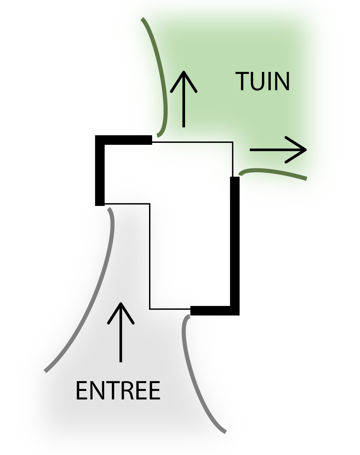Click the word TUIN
click(263, 81)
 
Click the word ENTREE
click(118, 391)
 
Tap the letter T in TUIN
click(242, 81)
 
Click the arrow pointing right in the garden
click(278, 150)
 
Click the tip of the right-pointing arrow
click(306, 150)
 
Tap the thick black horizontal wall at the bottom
click(213, 311)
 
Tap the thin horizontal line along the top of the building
click(193, 142)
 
